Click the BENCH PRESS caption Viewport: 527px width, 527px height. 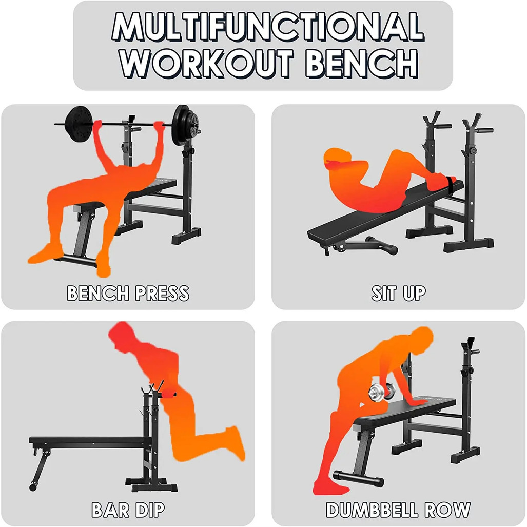tap(128, 293)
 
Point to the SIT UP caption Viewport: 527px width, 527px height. tap(398, 293)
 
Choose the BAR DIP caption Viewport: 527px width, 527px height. tap(128, 510)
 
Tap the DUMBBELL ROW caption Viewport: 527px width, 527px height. tap(398, 510)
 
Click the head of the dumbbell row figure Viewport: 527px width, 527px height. tap(420, 341)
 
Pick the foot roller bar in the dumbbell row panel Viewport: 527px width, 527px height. tap(358, 478)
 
